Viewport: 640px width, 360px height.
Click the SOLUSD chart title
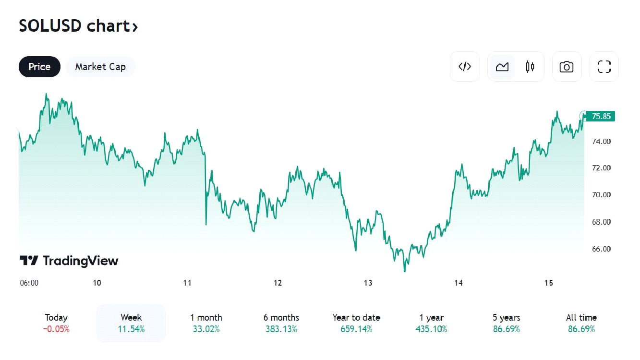tap(78, 26)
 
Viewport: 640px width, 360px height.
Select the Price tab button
tap(39, 67)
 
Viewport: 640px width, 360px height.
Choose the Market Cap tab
tap(100, 67)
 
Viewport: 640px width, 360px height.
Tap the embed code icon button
tap(465, 67)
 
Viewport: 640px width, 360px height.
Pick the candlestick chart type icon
tap(530, 67)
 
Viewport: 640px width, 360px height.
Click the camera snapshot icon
tap(567, 67)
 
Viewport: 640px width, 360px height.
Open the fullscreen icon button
tap(604, 67)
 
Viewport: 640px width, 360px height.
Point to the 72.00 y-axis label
tap(601, 168)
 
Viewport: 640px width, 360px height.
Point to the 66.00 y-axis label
tap(601, 249)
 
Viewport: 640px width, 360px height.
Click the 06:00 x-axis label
tap(29, 283)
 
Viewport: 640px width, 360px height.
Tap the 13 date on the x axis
tap(368, 283)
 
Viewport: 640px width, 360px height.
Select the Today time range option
tap(56, 318)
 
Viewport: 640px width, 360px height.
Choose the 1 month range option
tap(206, 318)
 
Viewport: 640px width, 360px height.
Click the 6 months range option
tap(281, 318)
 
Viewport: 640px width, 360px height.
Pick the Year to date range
tap(356, 318)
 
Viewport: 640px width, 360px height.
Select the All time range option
tap(581, 318)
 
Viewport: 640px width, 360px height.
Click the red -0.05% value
tap(56, 329)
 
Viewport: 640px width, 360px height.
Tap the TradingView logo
tap(69, 261)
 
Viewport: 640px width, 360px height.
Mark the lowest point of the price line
tap(405, 272)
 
